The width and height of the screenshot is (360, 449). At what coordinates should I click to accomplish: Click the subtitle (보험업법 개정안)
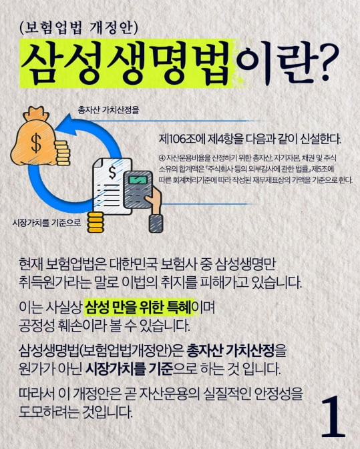point(79,29)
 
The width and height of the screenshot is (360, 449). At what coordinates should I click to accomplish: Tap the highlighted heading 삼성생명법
point(126,63)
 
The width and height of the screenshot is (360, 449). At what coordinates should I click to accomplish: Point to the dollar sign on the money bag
point(37,143)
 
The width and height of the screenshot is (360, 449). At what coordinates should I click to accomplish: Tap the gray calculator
point(138,189)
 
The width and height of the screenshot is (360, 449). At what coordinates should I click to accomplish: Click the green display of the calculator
point(138,180)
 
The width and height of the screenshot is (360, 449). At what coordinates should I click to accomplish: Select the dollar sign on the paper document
point(112,172)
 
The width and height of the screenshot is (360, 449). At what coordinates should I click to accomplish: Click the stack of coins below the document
point(96,222)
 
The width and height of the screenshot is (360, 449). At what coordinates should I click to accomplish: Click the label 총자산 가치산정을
point(108,109)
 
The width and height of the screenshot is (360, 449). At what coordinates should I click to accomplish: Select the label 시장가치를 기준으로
point(47,222)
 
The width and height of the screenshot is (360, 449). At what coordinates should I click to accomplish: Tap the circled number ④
point(162,157)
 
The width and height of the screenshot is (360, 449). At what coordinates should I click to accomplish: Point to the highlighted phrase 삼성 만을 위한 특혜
point(138,308)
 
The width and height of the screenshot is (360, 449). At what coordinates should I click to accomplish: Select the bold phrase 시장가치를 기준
point(130,369)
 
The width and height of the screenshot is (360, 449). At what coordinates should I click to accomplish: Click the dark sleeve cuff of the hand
point(156,223)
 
